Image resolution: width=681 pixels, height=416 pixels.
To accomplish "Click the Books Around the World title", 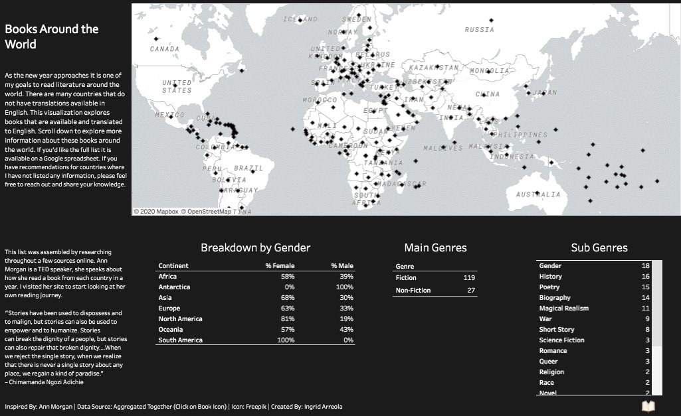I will tap(52, 37).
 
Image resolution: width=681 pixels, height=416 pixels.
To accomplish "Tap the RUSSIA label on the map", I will tap(479, 30).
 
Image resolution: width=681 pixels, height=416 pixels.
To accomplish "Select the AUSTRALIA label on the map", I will tap(538, 194).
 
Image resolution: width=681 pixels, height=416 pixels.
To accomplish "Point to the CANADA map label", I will tap(164, 49).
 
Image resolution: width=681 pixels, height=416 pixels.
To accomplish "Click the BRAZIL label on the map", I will tap(248, 169).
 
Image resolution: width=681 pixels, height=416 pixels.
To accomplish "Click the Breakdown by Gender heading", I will tap(255, 248).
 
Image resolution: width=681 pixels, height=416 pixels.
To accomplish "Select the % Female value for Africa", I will tap(287, 277).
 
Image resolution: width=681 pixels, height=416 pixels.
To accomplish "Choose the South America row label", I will tap(181, 340).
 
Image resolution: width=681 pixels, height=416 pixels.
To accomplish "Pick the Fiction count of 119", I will tap(469, 278).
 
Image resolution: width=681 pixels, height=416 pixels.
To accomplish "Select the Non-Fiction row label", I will tap(413, 291).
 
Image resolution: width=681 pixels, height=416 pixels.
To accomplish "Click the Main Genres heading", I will tap(435, 248).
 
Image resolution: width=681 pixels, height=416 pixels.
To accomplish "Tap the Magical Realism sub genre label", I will tap(563, 309).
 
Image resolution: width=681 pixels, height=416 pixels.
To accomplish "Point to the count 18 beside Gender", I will tap(645, 266).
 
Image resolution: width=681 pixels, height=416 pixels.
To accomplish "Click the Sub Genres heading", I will tap(599, 248).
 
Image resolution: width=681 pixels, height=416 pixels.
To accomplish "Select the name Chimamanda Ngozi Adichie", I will tap(49, 381).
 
